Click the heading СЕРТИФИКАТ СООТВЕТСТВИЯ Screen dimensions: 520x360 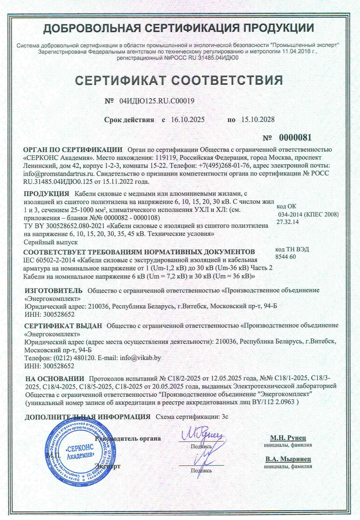click(179, 80)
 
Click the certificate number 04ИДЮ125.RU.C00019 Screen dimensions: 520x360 click(157, 101)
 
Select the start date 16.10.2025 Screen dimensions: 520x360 click(188, 120)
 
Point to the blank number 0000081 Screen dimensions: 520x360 click(295, 138)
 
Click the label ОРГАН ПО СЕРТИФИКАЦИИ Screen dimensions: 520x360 click(73, 150)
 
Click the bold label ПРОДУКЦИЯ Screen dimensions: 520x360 click(47, 194)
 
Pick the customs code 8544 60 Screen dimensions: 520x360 click(286, 257)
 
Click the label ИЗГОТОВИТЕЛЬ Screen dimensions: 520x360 click(53, 290)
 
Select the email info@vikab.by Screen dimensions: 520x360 click(140, 358)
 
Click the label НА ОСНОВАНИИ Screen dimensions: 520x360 click(55, 379)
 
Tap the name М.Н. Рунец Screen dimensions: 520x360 click(288, 438)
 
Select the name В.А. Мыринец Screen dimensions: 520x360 click(288, 459)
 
